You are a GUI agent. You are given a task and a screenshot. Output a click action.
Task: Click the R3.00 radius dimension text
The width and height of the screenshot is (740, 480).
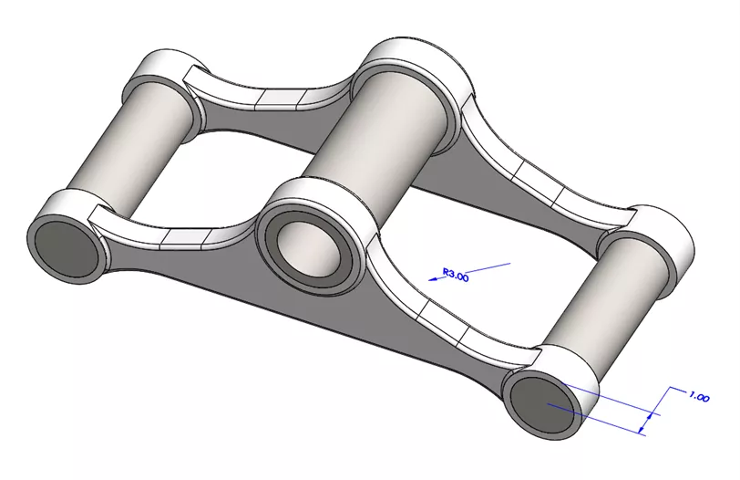click(x=455, y=273)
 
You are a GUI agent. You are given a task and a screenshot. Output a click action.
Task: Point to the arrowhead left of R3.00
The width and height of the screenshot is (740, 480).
click(x=431, y=280)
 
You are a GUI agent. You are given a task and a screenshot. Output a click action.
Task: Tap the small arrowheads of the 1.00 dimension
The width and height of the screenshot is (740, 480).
click(x=649, y=418)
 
